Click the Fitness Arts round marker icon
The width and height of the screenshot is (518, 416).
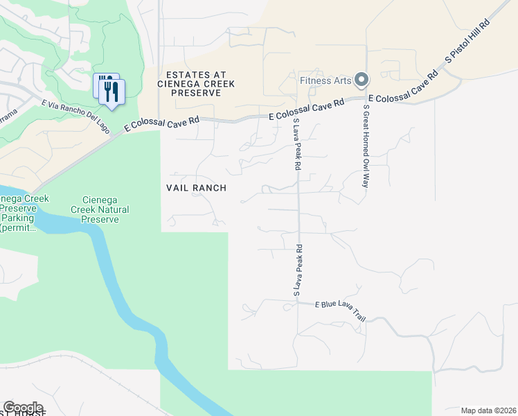click(361, 80)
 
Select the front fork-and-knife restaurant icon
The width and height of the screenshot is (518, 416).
click(111, 92)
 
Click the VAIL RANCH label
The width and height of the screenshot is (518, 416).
click(196, 188)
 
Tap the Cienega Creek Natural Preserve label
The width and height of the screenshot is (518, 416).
click(94, 209)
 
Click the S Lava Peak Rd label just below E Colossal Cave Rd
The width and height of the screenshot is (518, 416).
click(297, 144)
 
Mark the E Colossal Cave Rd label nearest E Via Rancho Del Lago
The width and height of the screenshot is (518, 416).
click(161, 123)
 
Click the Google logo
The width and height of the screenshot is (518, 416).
click(23, 408)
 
